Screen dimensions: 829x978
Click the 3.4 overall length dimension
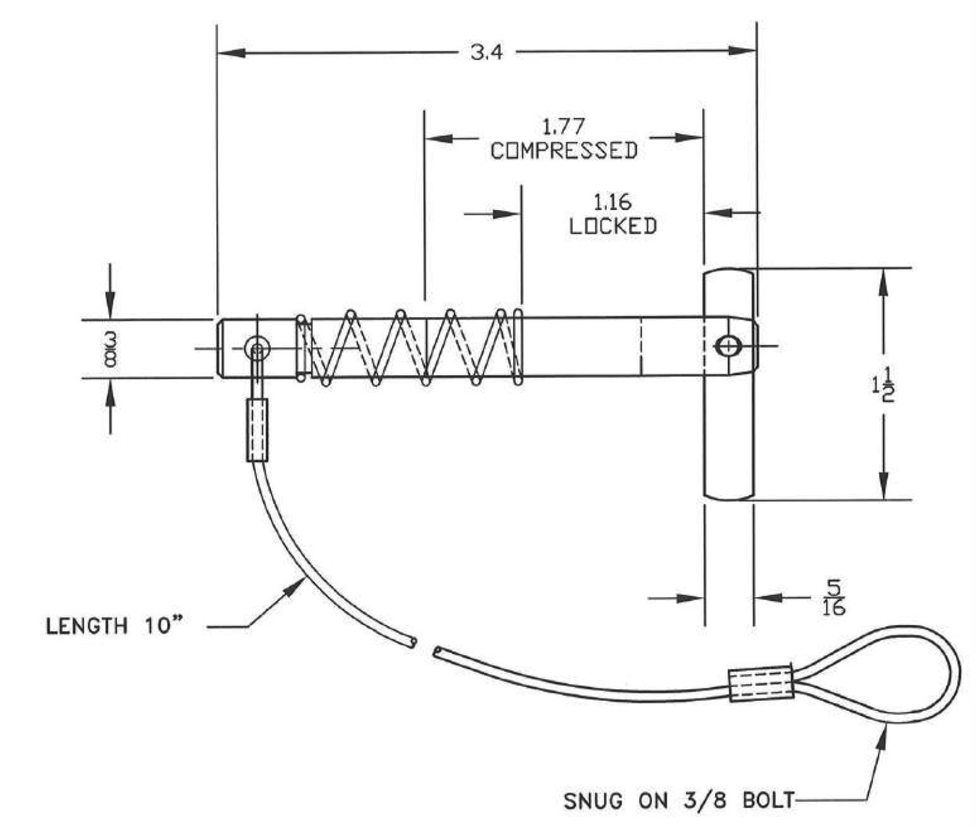tap(486, 53)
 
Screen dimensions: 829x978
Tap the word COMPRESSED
tap(564, 151)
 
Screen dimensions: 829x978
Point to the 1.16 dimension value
tap(612, 203)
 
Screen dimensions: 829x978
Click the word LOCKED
tap(613, 226)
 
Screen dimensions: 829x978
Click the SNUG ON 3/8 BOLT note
tap(679, 801)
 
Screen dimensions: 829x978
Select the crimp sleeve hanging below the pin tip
tap(257, 429)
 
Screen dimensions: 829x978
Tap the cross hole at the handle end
tap(727, 346)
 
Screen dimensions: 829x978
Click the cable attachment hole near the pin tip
tap(256, 349)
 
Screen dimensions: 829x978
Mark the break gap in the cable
tap(425, 647)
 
